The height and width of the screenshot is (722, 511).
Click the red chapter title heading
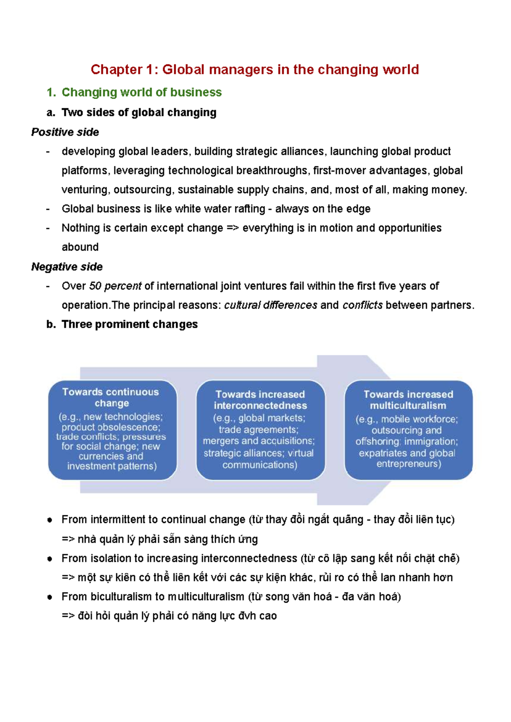click(x=255, y=69)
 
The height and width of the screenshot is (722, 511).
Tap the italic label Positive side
click(x=65, y=132)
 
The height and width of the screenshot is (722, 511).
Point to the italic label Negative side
click(x=67, y=267)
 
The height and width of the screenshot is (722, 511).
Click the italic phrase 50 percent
click(x=115, y=286)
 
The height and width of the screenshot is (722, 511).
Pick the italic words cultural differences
click(x=270, y=305)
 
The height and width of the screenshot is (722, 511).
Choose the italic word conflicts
click(x=362, y=305)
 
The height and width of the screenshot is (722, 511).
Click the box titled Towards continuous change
click(x=112, y=430)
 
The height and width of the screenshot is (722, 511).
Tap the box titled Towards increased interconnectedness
click(x=260, y=430)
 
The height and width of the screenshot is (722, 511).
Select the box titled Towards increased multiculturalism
click(x=408, y=430)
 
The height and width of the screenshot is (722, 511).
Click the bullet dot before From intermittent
click(x=50, y=520)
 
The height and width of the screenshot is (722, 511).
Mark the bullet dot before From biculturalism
click(x=50, y=597)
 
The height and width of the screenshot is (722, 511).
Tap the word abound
click(x=80, y=247)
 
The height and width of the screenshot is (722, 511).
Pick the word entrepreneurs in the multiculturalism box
click(x=408, y=464)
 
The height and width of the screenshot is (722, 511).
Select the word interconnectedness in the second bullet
click(x=249, y=558)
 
